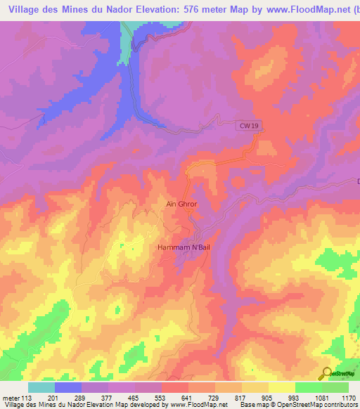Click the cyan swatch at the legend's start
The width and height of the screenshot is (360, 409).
point(41,387)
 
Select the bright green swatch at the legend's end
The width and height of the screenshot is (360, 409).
point(335,387)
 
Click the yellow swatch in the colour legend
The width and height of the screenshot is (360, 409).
point(282,387)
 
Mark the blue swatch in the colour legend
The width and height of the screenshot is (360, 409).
point(68,387)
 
